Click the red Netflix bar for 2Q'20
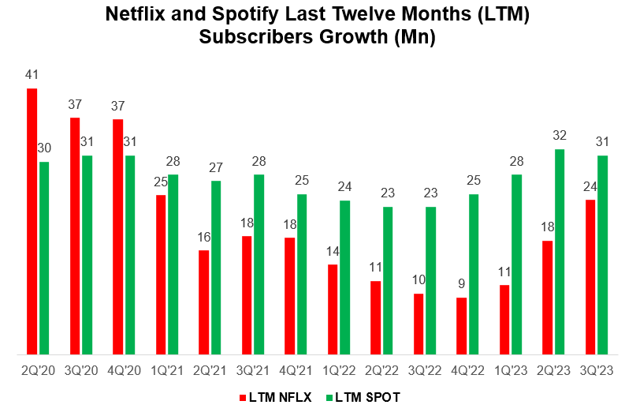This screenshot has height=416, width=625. coord(32,221)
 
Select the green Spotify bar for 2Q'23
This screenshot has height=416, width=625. coord(560,252)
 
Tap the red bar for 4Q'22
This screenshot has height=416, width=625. coord(462,326)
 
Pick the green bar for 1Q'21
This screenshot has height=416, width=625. coord(173,264)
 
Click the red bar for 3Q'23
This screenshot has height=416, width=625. coord(591,277)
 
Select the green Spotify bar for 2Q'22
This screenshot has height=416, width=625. coord(388,280)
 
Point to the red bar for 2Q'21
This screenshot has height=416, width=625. coord(204,302)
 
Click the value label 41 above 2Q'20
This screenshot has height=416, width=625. coord(32,76)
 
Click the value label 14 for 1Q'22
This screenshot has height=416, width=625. coord(333,252)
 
